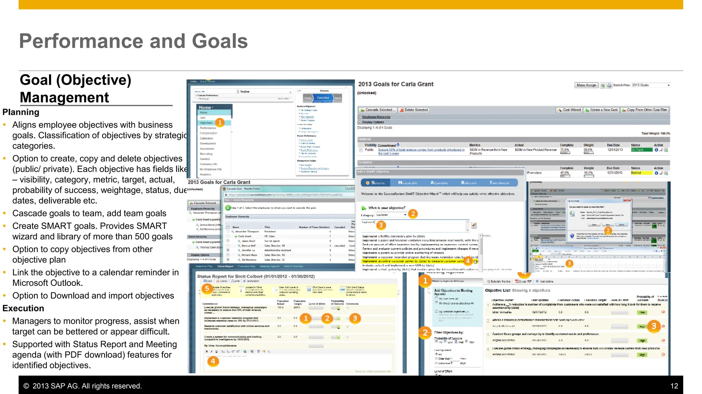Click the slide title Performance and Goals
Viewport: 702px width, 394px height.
tap(133, 41)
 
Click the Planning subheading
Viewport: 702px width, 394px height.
tap(21, 112)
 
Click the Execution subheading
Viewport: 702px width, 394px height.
tap(23, 308)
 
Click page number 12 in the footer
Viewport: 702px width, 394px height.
tap(674, 386)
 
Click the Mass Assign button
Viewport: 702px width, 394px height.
tap(586, 85)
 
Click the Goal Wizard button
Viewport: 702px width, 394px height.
tap(569, 110)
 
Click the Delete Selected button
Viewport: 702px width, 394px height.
tap(414, 110)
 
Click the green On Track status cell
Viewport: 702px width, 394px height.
tap(641, 150)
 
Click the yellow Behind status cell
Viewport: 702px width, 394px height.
tap(641, 173)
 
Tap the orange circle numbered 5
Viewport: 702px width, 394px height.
tap(207, 289)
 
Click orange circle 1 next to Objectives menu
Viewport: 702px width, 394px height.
tap(220, 122)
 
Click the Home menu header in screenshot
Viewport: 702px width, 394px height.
tap(206, 107)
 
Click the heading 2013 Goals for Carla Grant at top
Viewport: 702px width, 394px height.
tap(396, 84)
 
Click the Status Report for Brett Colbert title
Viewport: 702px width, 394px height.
tap(256, 276)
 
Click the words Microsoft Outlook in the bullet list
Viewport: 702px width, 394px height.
tap(47, 283)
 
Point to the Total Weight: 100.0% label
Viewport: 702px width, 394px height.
tap(655, 134)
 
